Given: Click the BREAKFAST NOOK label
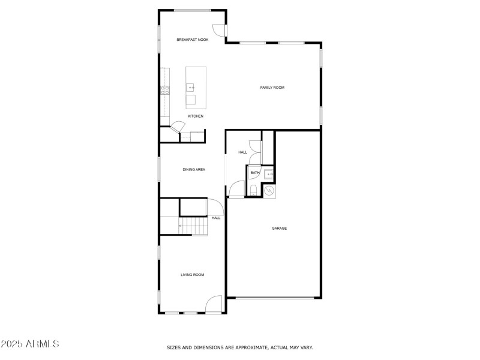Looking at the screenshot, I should (192, 40).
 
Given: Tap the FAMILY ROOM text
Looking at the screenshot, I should (272, 88).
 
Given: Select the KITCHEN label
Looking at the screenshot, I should (196, 116).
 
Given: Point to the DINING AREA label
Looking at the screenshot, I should (194, 170).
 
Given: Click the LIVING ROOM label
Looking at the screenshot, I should (193, 275).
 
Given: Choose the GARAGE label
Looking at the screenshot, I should (279, 228).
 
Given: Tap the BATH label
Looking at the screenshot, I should (255, 173).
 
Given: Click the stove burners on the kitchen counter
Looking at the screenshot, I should (164, 90).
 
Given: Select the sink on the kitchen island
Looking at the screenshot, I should (191, 88).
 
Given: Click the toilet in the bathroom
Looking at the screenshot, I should (253, 190).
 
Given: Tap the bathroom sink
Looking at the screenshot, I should (269, 174).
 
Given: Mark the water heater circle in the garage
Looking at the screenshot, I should (269, 191).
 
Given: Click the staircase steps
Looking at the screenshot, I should (193, 226).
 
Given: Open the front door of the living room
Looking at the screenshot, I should (214, 305).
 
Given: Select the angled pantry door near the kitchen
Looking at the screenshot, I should (178, 127).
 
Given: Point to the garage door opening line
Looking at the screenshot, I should (274, 298).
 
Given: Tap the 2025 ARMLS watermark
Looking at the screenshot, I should (29, 344).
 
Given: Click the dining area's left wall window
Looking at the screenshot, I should (159, 169).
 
